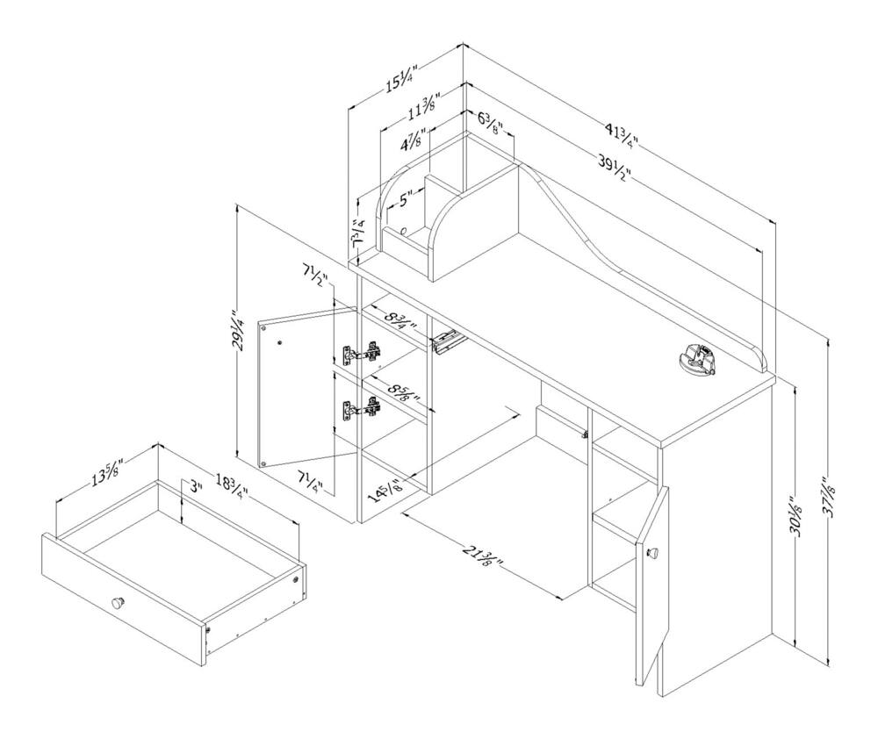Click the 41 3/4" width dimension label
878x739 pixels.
622,137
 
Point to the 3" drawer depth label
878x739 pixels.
195,486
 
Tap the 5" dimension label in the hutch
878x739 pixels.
406,198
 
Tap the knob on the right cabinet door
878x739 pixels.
652,553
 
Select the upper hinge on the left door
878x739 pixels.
362,353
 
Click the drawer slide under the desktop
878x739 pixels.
447,341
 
